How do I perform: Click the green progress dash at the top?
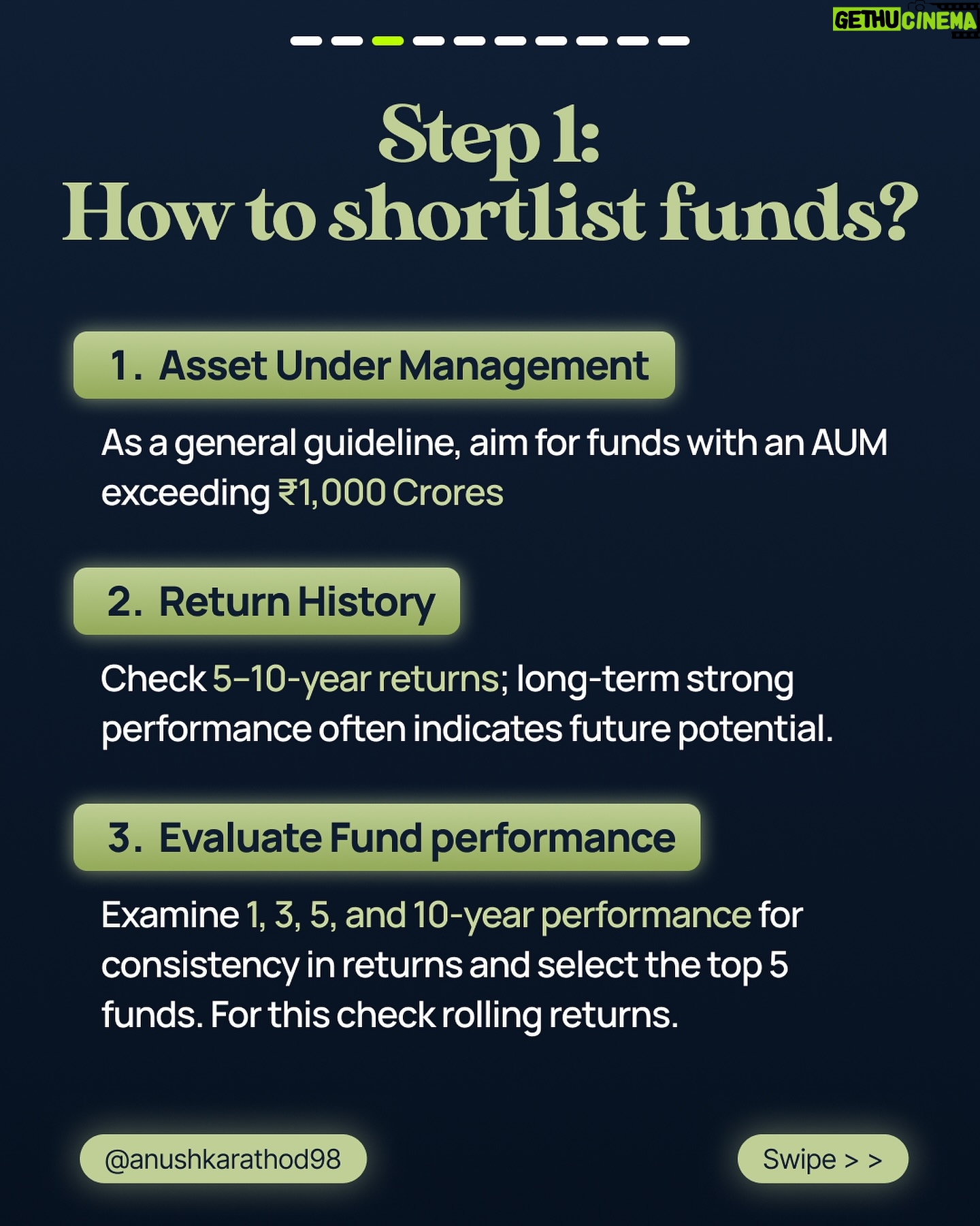tap(388, 41)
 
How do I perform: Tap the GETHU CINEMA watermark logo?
tap(905, 20)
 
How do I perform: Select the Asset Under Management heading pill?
tap(374, 365)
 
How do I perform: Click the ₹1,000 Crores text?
tap(391, 492)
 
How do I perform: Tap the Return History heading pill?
tap(267, 601)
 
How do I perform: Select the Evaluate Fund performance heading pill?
tap(387, 837)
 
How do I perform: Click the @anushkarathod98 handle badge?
tap(223, 1159)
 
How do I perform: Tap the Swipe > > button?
tap(823, 1159)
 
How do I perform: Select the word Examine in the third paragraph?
tap(170, 915)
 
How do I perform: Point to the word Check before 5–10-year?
tap(154, 679)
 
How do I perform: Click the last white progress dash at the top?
tap(674, 41)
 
